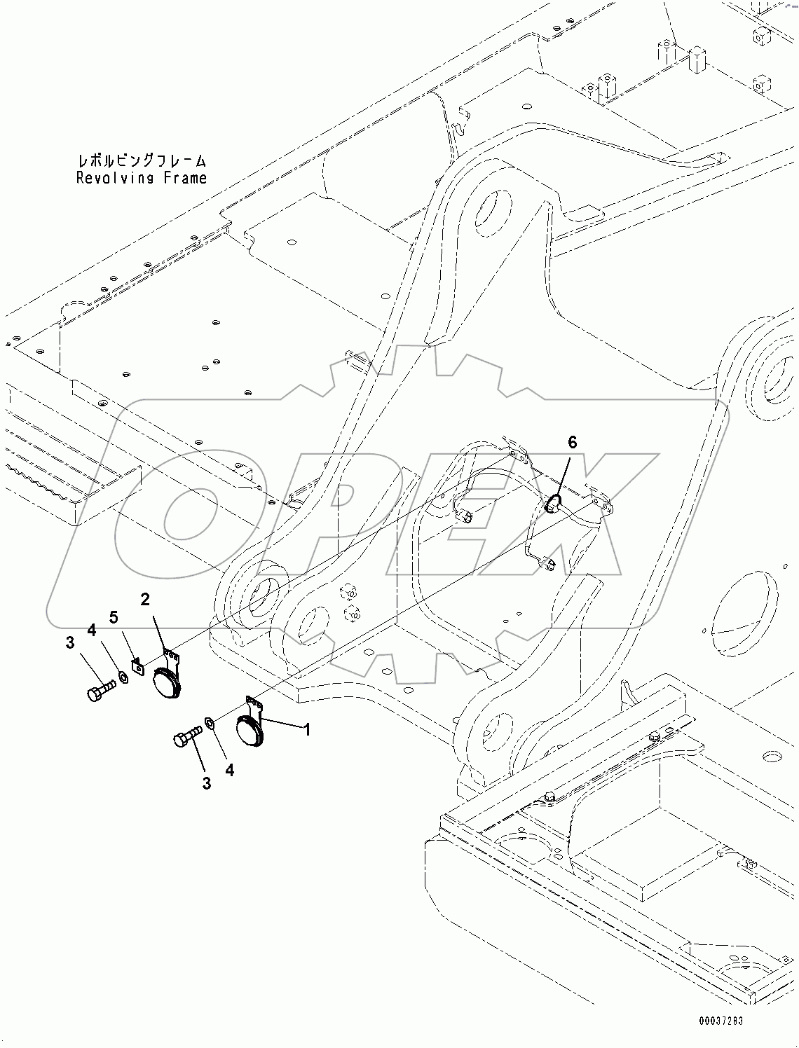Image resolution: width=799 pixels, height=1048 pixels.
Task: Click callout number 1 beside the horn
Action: click(306, 730)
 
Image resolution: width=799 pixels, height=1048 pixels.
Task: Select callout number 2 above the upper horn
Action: click(145, 599)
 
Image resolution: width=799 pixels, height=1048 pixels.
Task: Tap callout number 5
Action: click(113, 617)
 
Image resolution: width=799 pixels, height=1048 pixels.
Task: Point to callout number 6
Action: click(572, 442)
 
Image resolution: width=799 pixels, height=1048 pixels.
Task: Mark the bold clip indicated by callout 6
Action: click(552, 502)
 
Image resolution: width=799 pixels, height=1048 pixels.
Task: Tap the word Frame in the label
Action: click(185, 178)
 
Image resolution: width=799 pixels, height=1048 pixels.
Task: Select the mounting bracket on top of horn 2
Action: click(170, 657)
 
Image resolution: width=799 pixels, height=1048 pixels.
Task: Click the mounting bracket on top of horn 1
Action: click(254, 704)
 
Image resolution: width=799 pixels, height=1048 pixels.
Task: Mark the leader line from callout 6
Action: click(564, 473)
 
